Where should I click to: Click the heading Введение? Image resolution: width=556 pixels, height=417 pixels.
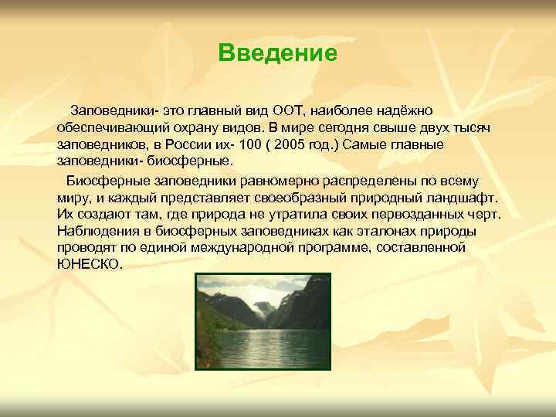tap(277, 53)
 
